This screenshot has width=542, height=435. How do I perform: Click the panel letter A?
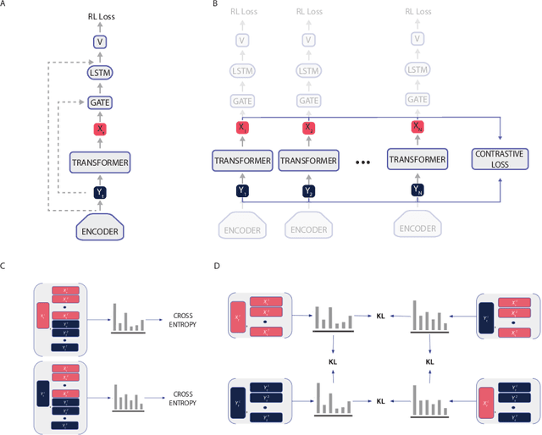[4, 4]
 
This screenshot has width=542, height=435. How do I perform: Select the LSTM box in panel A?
[100, 74]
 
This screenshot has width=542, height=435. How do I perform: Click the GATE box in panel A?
[100, 102]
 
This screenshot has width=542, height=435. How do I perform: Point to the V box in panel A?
[100, 41]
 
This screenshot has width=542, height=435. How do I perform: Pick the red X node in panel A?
[100, 129]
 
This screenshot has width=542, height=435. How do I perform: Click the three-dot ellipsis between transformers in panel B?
[360, 161]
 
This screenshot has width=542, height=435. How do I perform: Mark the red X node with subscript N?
[417, 128]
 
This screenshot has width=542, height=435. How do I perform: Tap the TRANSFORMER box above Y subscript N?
[417, 160]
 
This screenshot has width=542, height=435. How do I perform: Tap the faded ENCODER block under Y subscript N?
[417, 228]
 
